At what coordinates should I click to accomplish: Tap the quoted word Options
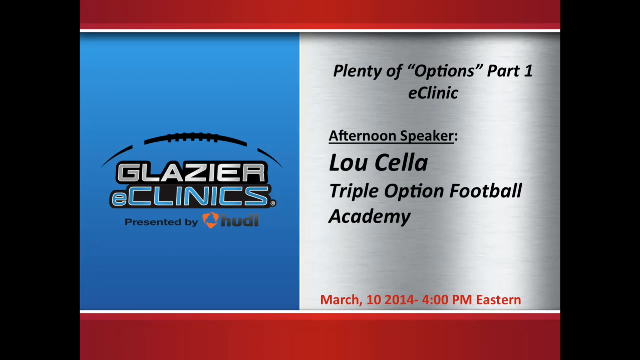point(444,71)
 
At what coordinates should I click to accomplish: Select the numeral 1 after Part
point(528,70)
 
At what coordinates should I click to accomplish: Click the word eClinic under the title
point(433,93)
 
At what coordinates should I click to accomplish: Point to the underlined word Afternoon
point(363,135)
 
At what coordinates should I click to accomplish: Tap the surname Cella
point(401,163)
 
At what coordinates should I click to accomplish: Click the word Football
point(486,190)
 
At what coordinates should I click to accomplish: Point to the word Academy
point(370,217)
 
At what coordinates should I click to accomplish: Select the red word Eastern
point(498,300)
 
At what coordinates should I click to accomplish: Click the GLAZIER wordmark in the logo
point(191,173)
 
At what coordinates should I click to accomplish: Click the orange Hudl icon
point(210,220)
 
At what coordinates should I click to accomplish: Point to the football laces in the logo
point(193,137)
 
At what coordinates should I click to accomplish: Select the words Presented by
point(161,222)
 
